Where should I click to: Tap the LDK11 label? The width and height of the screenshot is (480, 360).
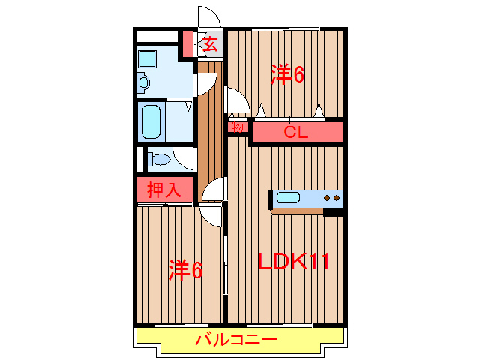pos(295,262)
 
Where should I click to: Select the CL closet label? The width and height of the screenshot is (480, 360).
pos(297,133)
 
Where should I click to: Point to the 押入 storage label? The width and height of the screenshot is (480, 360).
pos(163,190)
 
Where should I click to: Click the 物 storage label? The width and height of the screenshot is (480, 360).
pos(237,127)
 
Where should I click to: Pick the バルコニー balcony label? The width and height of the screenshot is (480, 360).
pos(237,340)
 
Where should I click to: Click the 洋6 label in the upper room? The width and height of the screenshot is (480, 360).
pos(287,73)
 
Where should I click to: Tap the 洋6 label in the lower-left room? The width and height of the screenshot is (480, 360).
pos(185,268)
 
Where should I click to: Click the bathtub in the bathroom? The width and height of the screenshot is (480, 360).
pos(152,121)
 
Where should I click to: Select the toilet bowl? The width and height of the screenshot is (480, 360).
pos(158,159)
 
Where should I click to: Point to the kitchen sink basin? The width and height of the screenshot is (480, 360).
pos(289,198)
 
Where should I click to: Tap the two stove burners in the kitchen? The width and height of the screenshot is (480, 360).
pos(331,198)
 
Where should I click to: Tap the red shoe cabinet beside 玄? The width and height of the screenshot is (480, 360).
pos(188,44)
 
